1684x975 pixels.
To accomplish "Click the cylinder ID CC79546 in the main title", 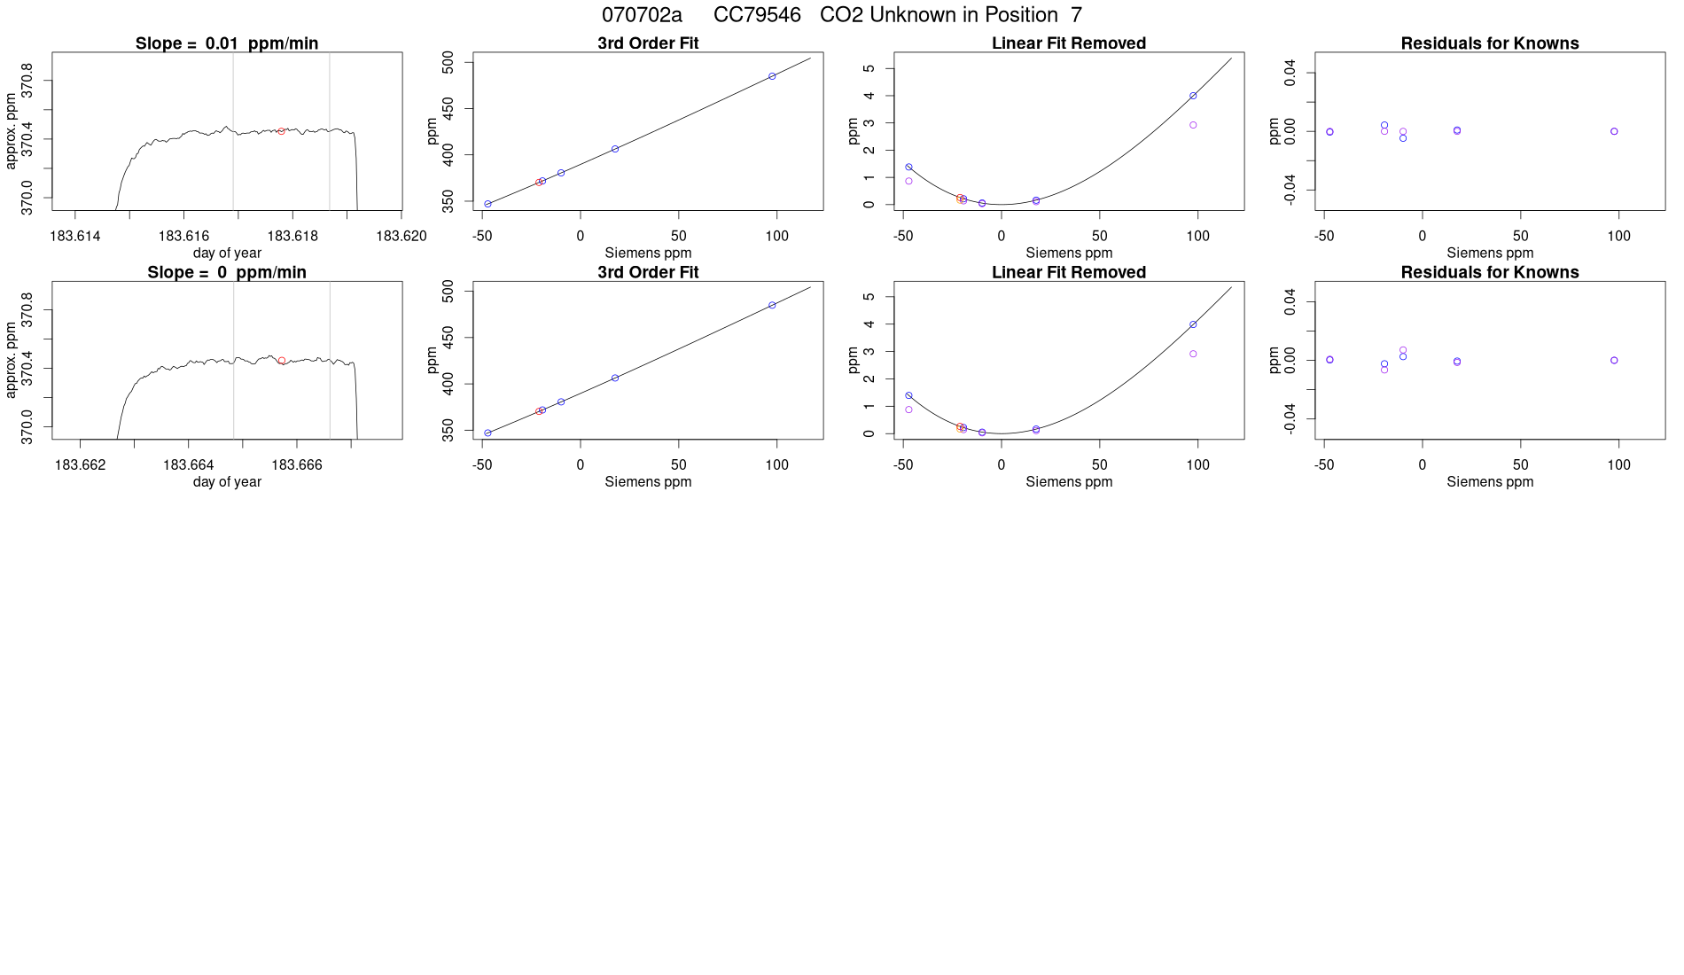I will pos(757,15).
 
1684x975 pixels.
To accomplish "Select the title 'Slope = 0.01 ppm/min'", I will pos(227,43).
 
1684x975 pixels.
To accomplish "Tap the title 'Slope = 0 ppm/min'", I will pos(227,272).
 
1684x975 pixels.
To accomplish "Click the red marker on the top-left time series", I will pos(281,131).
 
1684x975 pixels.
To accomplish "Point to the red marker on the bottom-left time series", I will pos(282,361).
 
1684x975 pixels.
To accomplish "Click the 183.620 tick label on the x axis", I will pos(402,236).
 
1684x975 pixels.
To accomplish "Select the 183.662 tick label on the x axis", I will pos(81,464).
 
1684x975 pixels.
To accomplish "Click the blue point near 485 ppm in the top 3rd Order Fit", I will pos(772,76).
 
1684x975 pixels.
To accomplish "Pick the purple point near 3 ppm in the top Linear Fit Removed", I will pos(1193,125).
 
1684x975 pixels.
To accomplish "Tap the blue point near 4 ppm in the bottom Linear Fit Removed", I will pos(1193,324).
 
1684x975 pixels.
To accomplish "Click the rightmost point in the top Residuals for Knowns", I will pos(1614,131).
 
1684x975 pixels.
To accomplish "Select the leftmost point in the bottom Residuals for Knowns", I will pos(1329,360).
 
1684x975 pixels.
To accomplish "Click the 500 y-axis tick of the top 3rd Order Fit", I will pos(448,62).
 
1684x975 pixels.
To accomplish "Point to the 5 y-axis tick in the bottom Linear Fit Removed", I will pos(869,297).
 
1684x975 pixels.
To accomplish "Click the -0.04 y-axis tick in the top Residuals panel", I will pos(1290,189).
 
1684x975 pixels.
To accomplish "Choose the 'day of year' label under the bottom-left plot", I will pos(227,482).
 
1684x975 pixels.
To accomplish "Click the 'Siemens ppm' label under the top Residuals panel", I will pos(1490,253).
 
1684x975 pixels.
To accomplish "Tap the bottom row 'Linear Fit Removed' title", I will pos(1069,272).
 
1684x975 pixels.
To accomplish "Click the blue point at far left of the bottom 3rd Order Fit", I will pos(487,433).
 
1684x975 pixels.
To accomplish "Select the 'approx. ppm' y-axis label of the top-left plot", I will pos(12,131).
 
